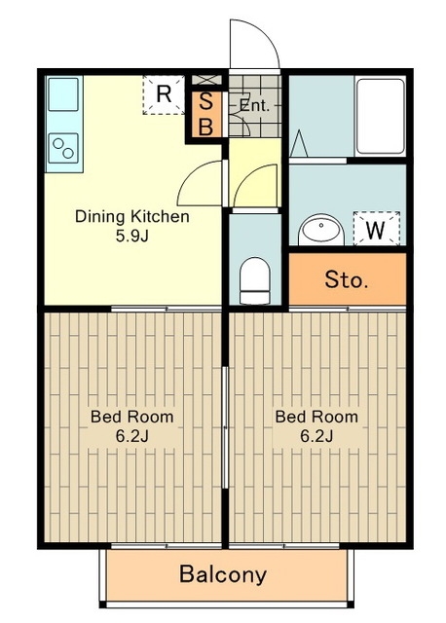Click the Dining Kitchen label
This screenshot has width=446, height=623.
point(132,217)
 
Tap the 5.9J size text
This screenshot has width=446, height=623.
point(132,237)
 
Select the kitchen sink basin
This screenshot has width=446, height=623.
point(63,94)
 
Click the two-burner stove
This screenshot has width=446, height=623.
point(63,148)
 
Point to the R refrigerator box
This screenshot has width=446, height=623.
point(164,94)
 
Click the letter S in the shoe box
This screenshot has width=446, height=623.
point(205,101)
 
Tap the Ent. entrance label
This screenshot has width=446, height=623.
point(255,106)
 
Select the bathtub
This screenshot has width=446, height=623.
point(381,116)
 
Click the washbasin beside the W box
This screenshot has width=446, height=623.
point(321,230)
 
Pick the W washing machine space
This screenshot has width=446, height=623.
point(376,228)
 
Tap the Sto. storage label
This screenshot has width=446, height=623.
point(347,279)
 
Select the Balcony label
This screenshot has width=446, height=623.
point(223,574)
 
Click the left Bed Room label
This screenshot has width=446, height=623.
point(132,417)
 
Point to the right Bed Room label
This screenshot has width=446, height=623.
point(316,417)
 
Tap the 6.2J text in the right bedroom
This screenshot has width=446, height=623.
point(316,436)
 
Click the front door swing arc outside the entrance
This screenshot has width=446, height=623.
point(264,33)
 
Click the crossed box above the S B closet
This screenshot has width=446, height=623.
point(206,79)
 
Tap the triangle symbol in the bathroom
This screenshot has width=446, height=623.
point(299,143)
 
